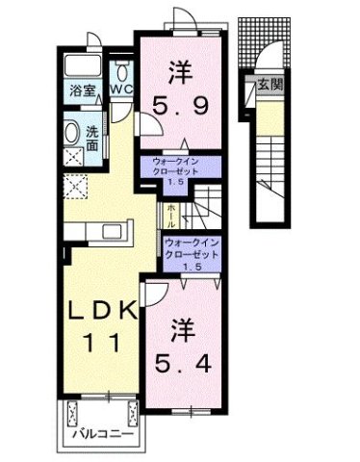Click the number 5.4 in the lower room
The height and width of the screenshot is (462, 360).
point(179,365)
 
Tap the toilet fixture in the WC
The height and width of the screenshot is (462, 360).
point(121,72)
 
